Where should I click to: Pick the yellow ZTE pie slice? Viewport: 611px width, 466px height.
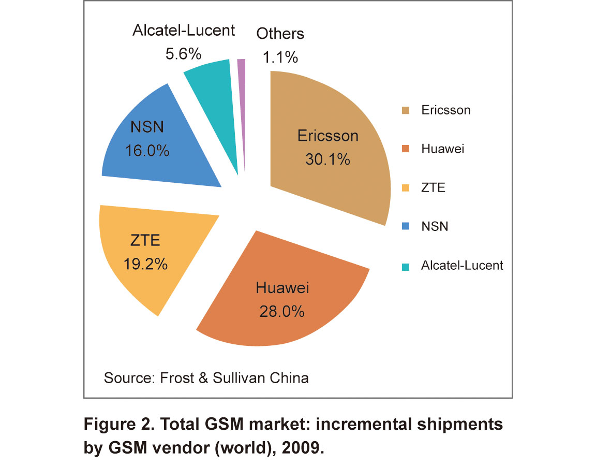coord(152,250)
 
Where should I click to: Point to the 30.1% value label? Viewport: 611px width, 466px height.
coord(327,159)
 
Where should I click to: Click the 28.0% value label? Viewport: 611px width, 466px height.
coord(282,312)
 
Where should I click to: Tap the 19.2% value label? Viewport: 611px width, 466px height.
coord(145,265)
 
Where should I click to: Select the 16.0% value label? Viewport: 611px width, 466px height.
coord(147,151)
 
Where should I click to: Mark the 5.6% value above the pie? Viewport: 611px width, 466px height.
coord(183,54)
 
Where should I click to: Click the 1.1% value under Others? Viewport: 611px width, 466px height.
coord(280,57)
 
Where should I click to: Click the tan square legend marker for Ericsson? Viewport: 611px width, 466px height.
coord(406,110)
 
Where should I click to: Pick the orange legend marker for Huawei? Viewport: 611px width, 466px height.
coord(406,149)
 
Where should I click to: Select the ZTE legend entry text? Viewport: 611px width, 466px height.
coord(433,187)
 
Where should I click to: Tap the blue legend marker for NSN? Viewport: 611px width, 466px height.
coord(406,226)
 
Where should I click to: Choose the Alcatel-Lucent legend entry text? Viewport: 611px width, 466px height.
coord(462,265)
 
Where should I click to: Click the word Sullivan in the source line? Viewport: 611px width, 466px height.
coord(239,378)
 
